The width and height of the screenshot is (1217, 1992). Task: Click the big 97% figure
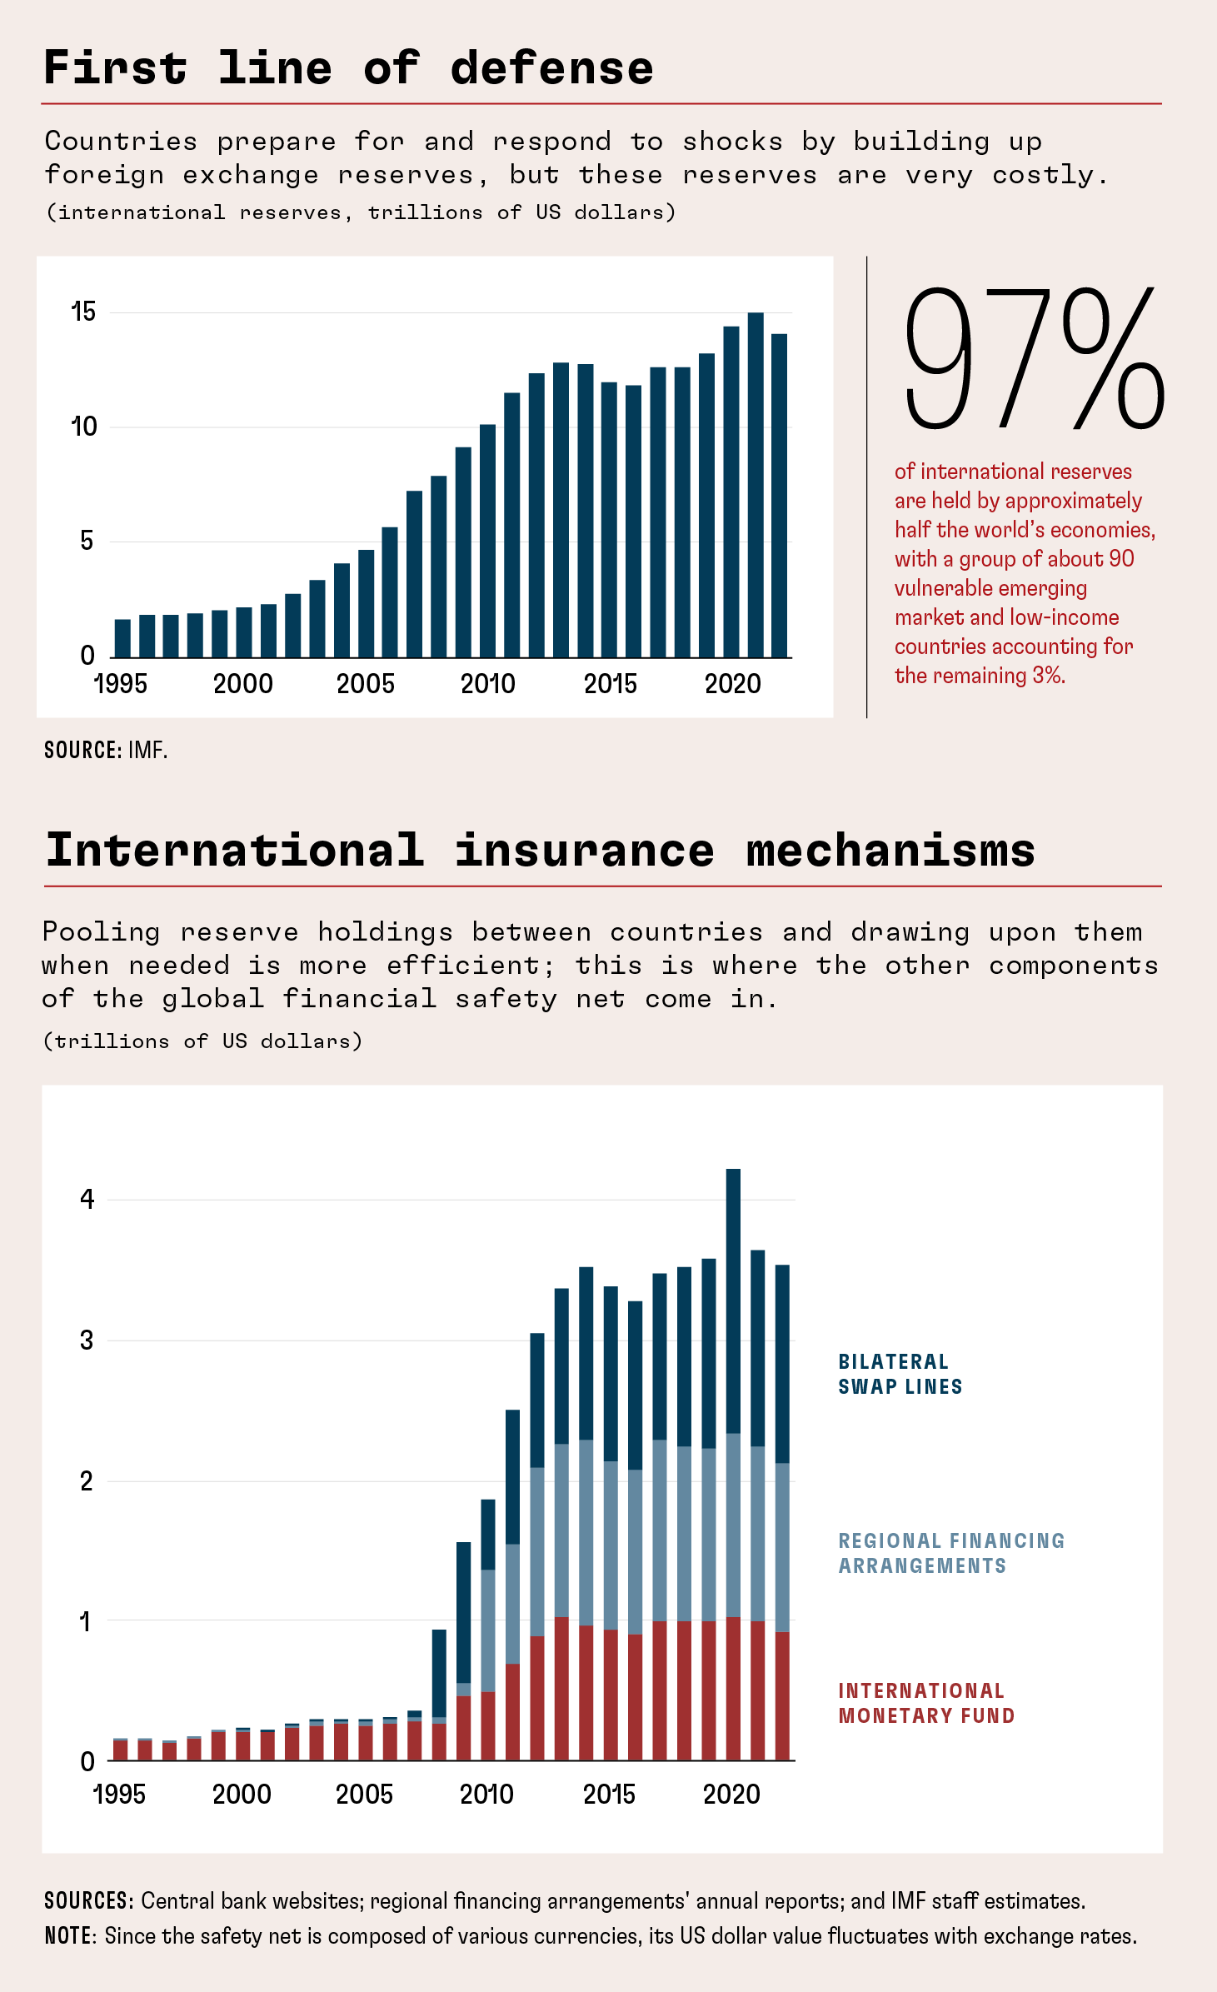click(x=1033, y=358)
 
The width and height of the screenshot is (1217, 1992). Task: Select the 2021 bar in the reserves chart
click(x=756, y=485)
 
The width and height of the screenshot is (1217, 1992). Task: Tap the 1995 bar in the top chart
click(x=122, y=638)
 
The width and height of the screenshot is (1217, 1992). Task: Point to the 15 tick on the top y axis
click(x=84, y=312)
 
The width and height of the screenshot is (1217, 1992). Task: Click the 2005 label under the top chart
click(x=365, y=684)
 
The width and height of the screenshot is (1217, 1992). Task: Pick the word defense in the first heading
click(x=551, y=68)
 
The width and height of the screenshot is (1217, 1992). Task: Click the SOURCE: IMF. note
click(x=106, y=750)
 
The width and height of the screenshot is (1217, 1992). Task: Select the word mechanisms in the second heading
click(x=890, y=851)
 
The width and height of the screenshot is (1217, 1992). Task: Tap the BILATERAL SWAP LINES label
click(x=900, y=1374)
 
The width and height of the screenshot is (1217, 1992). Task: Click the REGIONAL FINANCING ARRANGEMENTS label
click(x=950, y=1553)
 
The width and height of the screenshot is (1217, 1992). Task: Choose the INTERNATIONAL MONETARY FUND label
click(x=925, y=1703)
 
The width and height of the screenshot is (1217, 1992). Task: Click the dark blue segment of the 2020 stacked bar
click(x=733, y=1300)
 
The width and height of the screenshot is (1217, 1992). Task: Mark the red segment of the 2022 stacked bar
click(x=782, y=1695)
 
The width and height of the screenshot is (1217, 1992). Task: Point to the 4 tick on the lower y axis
click(x=87, y=1200)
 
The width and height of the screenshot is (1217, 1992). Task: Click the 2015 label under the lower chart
click(x=609, y=1794)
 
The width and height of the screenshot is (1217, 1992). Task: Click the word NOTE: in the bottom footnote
click(x=71, y=1935)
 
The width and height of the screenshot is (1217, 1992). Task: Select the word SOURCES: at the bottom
click(x=88, y=1900)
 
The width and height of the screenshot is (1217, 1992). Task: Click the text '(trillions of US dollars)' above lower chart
click(x=202, y=1041)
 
